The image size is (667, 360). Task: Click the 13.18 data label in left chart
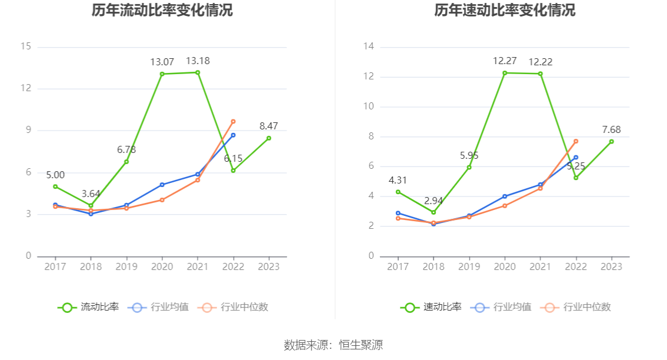[x=198, y=61]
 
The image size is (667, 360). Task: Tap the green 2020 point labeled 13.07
[x=162, y=74]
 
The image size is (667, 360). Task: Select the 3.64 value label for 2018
[x=91, y=194]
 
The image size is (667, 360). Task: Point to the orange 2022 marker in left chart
[x=234, y=122]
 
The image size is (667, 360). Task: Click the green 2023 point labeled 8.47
[x=269, y=138]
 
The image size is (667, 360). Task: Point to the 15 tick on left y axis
[x=26, y=47]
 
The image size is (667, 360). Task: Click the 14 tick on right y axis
[x=369, y=47]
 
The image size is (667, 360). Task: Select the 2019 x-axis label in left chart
[x=126, y=266]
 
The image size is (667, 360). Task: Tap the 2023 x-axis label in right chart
[x=612, y=266]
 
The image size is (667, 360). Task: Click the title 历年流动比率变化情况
[x=162, y=10]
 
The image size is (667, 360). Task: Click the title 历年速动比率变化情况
[x=505, y=10]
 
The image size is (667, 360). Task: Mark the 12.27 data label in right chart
[x=505, y=61]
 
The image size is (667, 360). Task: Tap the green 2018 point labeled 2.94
[x=433, y=212]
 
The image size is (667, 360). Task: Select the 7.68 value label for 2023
[x=612, y=129]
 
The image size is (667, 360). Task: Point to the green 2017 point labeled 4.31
[x=398, y=192]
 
